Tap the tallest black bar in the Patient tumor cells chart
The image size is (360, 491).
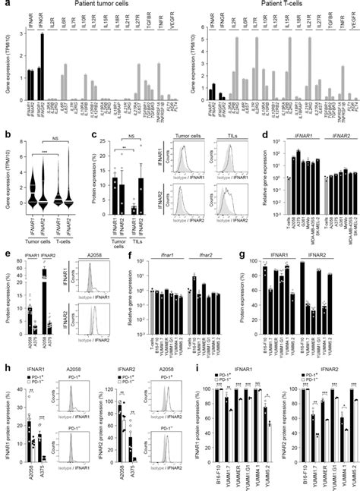tap(43, 54)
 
